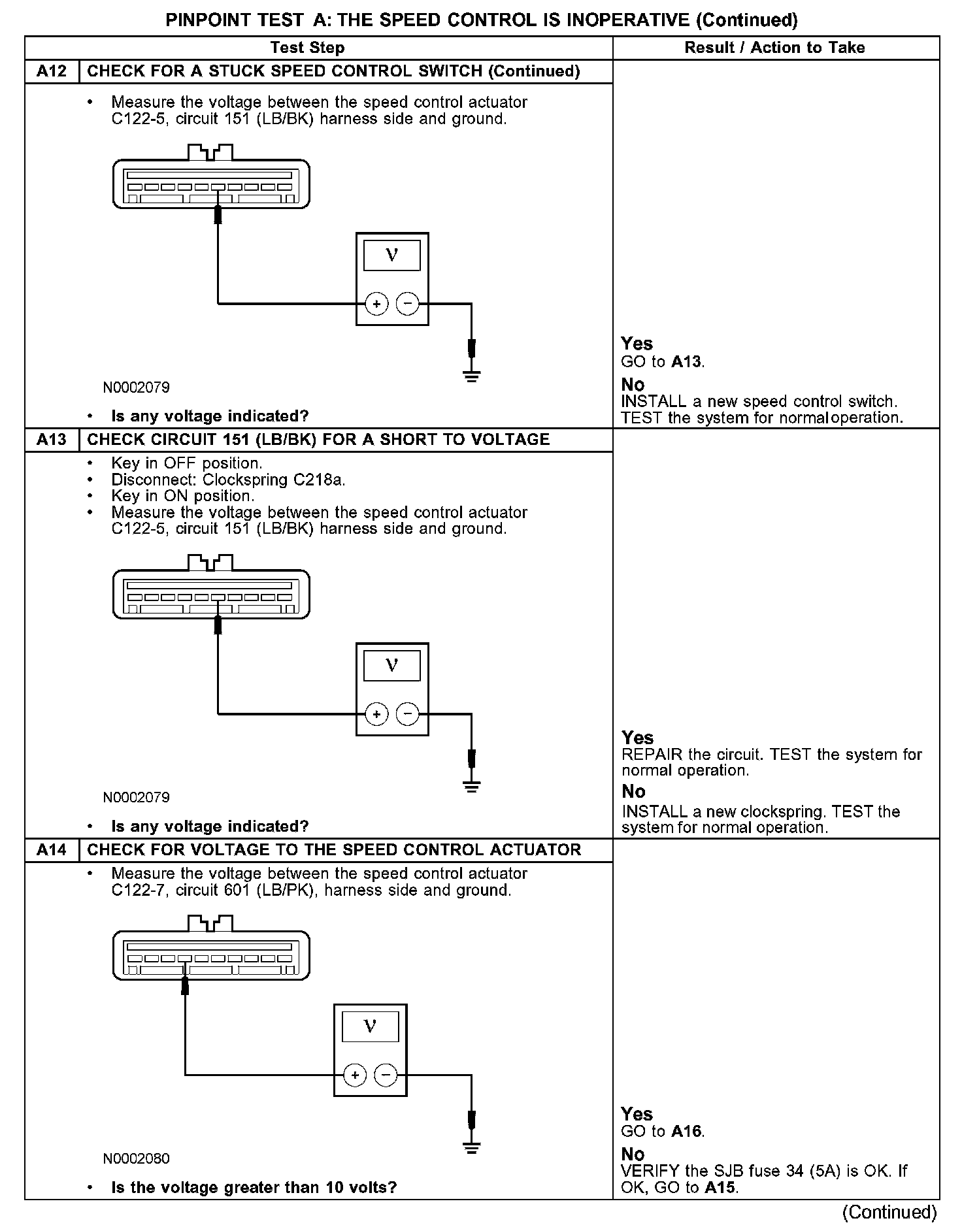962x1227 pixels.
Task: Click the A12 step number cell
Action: coord(52,71)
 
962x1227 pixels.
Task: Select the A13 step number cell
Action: coord(52,440)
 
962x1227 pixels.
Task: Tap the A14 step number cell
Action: coord(52,850)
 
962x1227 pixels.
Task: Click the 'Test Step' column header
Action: coord(307,48)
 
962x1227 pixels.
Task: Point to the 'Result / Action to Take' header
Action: coord(774,48)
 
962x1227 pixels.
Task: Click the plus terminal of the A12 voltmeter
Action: coord(376,304)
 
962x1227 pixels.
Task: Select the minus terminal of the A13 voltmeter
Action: coord(408,714)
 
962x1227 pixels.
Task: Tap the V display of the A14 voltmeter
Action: coord(370,1027)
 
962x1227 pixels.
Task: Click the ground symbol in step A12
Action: coord(472,376)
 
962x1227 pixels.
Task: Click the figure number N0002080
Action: coord(136,1158)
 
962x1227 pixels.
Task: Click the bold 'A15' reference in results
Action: coord(721,1188)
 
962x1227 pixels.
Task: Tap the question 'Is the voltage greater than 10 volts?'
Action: coord(254,1187)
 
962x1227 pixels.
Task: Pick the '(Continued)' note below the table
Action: coord(889,1213)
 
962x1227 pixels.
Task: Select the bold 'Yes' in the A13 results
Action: coord(637,738)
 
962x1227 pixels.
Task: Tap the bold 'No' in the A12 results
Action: coord(633,384)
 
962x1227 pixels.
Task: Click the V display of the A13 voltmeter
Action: coord(392,666)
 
